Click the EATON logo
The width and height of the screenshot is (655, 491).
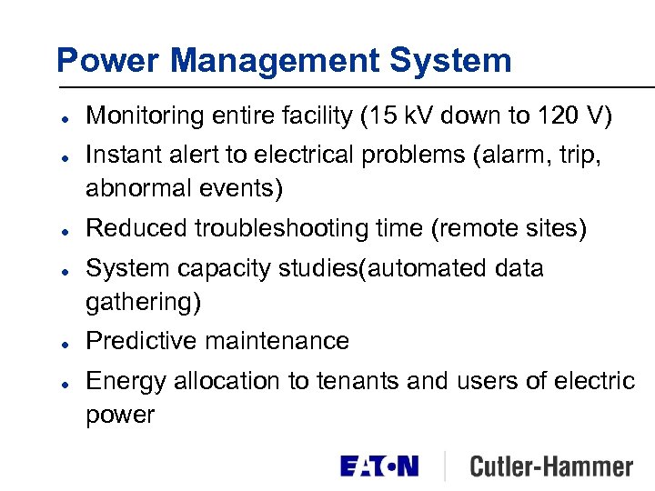coord(379,466)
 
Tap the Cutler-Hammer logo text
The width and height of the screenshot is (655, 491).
coord(551,466)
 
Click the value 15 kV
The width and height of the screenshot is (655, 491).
coord(396,116)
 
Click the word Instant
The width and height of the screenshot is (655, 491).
coord(118,155)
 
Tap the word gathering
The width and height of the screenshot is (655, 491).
coord(143,303)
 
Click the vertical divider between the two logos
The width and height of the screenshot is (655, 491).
coord(445,466)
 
